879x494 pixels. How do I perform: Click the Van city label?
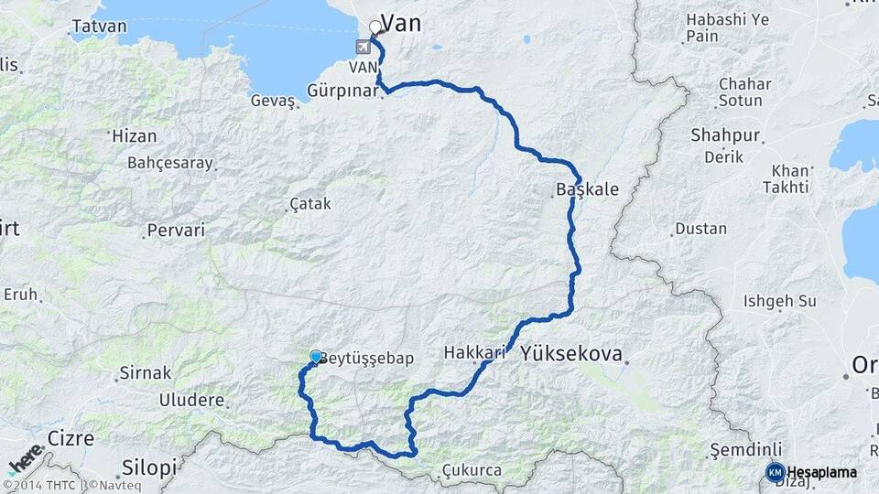point(400,24)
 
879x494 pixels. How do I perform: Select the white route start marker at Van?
point(374,27)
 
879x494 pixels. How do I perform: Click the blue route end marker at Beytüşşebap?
point(316,356)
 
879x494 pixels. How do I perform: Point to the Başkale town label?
point(587,190)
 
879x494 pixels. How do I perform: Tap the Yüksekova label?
point(571,353)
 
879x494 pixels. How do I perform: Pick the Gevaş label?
point(272,101)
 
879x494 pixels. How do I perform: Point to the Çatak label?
point(309,204)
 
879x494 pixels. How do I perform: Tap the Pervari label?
point(177,230)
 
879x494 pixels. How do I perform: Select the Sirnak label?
point(145,373)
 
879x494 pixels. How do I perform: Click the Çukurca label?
point(472,470)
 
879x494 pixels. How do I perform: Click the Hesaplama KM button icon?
point(775,472)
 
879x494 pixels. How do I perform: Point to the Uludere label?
point(191,400)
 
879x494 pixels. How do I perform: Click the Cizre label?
point(71,438)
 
